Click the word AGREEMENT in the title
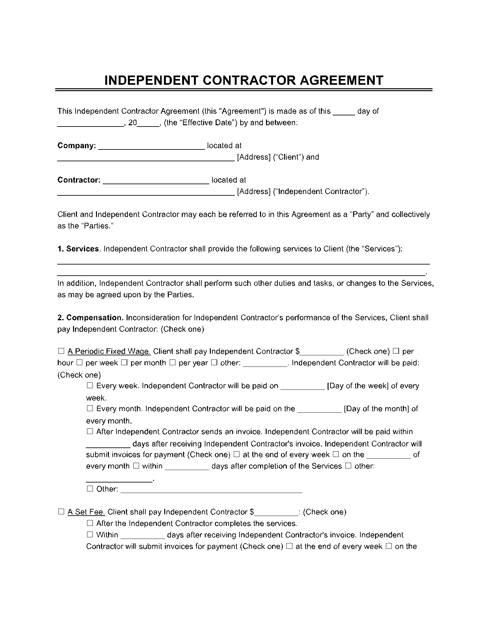[342, 80]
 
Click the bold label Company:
[77, 146]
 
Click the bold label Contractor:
[79, 180]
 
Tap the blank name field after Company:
[152, 147]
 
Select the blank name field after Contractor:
[156, 181]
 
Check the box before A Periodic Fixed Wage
[61, 351]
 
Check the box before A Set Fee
[61, 512]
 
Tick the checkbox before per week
[80, 363]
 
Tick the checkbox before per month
[125, 363]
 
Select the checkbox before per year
[173, 363]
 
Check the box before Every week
[90, 386]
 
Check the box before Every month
[90, 409]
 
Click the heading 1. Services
[78, 249]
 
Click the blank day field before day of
[344, 112]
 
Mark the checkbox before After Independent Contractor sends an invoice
[90, 432]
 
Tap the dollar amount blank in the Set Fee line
[277, 513]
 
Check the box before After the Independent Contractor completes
[90, 523]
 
